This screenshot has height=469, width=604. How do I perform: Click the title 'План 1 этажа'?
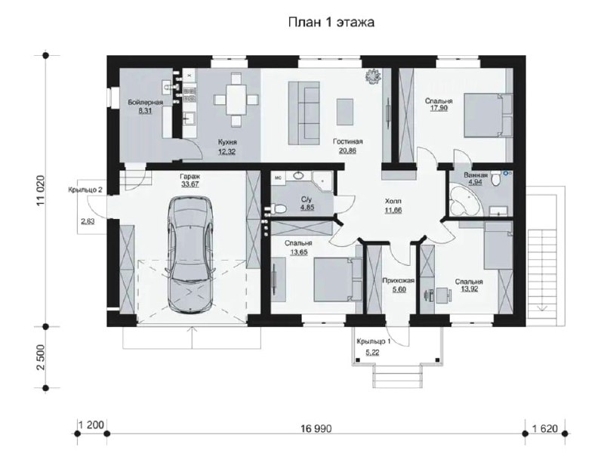pos(331,23)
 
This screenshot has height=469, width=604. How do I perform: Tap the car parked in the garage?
pos(191,255)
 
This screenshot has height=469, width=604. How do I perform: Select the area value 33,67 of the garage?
pos(190,184)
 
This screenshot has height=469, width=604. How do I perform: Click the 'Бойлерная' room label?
pos(145,102)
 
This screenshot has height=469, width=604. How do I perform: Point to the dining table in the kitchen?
pos(236,100)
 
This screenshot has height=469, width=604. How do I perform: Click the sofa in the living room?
pos(304,113)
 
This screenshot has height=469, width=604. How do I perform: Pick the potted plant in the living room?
pos(373,76)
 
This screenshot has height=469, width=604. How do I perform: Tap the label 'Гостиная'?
pos(348,142)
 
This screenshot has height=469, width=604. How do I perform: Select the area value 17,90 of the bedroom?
pos(439,108)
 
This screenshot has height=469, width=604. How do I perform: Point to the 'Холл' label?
pos(393,201)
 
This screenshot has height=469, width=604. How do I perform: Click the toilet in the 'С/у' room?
pos(278,209)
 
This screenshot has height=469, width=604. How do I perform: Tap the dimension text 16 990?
pos(316,428)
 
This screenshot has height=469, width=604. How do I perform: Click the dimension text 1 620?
pos(544,428)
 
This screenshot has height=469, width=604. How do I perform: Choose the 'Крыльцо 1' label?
pos(374,341)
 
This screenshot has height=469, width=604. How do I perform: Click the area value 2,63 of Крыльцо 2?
pos(88,221)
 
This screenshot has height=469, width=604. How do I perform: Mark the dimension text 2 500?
pos(41,357)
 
